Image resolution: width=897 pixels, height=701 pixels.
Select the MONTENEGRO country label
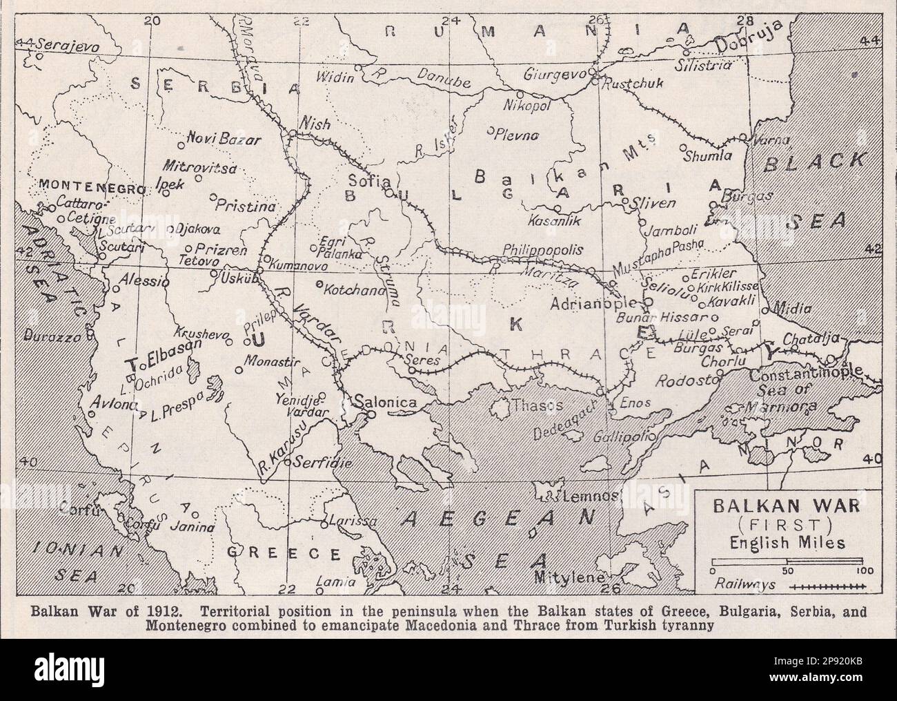pos(92,187)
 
